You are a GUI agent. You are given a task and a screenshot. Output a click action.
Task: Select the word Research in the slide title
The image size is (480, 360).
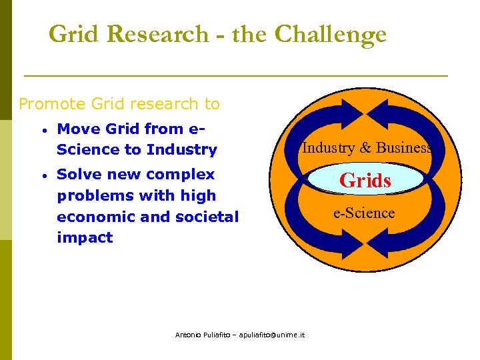point(157,34)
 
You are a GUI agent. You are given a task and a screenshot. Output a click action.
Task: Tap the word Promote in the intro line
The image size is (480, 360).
point(51,104)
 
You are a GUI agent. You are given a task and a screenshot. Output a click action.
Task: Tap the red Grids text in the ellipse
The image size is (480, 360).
point(365,180)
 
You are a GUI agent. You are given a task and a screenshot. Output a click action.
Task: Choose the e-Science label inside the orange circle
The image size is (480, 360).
point(364,213)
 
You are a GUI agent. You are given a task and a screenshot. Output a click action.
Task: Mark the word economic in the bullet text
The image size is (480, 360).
point(95,217)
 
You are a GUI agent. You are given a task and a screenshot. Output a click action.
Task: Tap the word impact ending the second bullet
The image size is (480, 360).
point(85,237)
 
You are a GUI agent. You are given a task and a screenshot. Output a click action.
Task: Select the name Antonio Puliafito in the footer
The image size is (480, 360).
point(198,335)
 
